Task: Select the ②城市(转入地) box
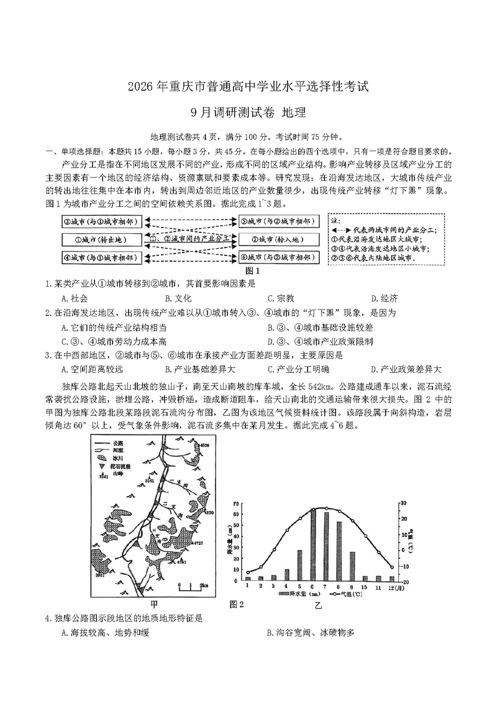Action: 279,239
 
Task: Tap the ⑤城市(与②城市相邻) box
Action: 279,221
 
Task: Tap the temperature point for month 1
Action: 248,572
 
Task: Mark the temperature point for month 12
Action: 391,566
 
